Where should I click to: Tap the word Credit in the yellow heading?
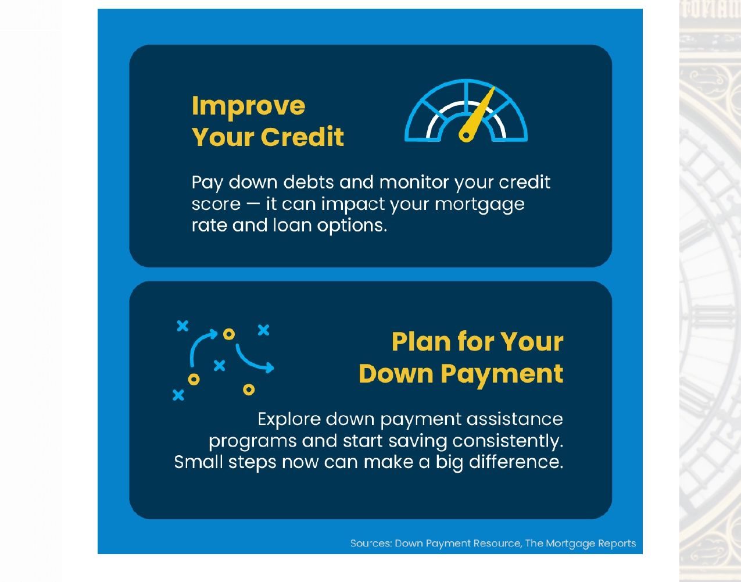[302, 137]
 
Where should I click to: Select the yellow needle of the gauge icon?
[477, 115]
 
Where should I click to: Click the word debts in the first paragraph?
[308, 182]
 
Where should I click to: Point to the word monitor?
[414, 182]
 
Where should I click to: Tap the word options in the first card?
[352, 226]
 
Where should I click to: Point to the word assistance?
[514, 419]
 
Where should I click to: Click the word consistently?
[508, 441]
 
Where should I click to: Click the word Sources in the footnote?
[371, 544]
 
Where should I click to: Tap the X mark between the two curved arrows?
[220, 366]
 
